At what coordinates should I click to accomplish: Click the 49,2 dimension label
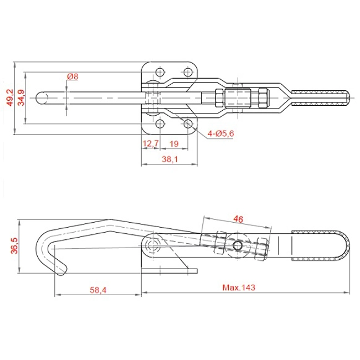[x=10, y=98]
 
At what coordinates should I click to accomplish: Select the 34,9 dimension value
[x=21, y=98]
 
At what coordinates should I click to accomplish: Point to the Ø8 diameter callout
[x=73, y=76]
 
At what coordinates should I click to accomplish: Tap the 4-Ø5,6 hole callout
[x=220, y=133]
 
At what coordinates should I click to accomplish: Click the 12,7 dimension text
[x=151, y=144]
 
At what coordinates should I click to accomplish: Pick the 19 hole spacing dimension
[x=174, y=144]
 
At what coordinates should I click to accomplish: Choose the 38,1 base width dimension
[x=170, y=159]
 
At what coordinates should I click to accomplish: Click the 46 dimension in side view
[x=238, y=219]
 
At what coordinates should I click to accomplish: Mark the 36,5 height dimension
[x=14, y=246]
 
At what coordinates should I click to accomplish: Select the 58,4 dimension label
[x=98, y=290]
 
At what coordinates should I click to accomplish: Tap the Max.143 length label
[x=239, y=287]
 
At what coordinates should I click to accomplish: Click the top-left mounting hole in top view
[x=160, y=73]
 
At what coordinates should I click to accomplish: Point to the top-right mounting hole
[x=188, y=73]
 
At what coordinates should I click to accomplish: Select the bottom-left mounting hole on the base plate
[x=160, y=124]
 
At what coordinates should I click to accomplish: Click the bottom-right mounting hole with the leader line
[x=188, y=124]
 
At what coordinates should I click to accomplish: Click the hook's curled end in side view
[x=62, y=269]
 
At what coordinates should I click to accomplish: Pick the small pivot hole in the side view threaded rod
[x=238, y=246]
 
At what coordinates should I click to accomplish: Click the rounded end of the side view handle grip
[x=344, y=245]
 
